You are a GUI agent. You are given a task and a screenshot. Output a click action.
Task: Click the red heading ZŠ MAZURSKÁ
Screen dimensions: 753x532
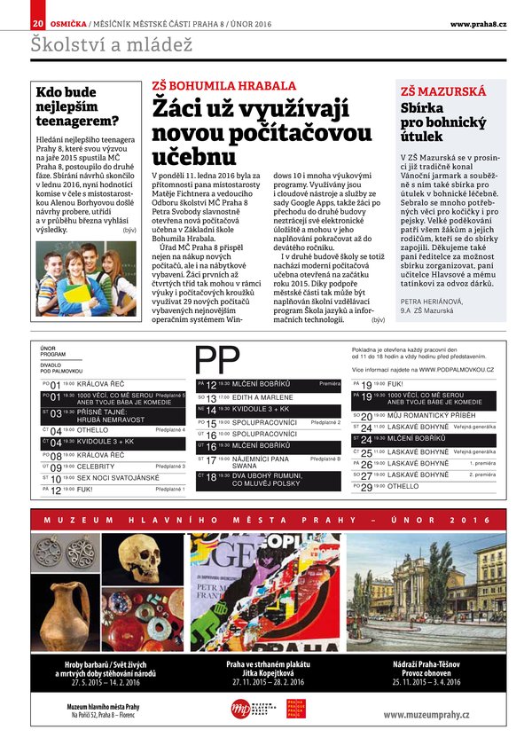[x=443, y=91]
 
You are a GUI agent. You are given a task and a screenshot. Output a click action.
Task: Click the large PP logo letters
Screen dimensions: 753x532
[x=216, y=360]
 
